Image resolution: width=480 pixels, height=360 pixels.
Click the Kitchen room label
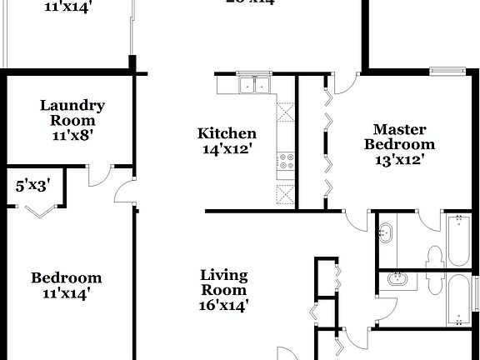[226, 133]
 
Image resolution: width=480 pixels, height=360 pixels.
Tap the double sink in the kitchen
[254, 84]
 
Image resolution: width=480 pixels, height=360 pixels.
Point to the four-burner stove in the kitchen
[286, 159]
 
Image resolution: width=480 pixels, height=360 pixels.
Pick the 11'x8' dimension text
[72, 134]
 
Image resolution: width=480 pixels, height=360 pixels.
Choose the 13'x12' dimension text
[399, 159]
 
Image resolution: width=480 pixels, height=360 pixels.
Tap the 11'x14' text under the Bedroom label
[67, 293]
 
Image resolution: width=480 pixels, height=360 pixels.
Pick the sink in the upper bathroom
[387, 234]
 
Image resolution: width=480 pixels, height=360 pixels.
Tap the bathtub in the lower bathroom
[459, 302]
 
